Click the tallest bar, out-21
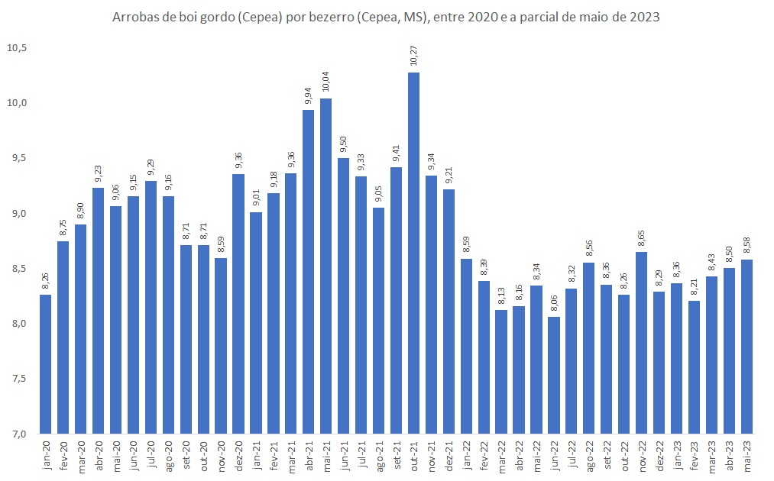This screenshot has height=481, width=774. [x=413, y=252]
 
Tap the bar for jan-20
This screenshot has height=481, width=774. [x=46, y=363]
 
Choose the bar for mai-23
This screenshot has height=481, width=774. [x=746, y=346]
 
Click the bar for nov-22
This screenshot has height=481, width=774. [x=641, y=342]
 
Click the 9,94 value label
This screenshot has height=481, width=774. [x=309, y=96]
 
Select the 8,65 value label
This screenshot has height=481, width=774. [x=641, y=238]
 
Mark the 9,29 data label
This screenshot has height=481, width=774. [x=151, y=167]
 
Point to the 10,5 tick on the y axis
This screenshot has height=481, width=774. [x=17, y=47]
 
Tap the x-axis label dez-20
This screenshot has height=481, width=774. [x=239, y=454]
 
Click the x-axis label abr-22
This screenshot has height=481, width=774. [x=519, y=454]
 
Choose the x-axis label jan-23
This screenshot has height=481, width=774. [x=677, y=454]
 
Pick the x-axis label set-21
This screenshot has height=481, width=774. [x=397, y=454]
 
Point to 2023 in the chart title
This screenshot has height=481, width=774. [x=644, y=16]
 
